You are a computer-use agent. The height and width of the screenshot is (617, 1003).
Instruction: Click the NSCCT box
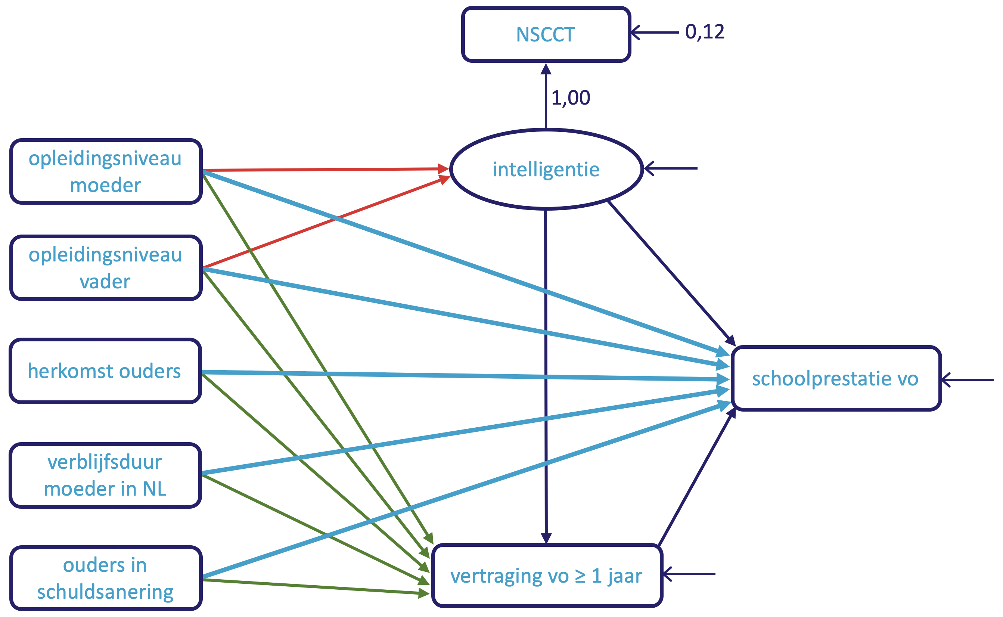[x=546, y=34]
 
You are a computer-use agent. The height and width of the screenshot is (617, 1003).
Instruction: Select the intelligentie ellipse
[x=546, y=169]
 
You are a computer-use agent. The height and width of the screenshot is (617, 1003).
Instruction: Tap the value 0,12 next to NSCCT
[x=704, y=32]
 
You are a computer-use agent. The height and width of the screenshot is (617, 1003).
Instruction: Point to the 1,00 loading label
[x=570, y=98]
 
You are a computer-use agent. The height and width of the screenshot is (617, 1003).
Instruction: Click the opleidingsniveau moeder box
[x=106, y=171]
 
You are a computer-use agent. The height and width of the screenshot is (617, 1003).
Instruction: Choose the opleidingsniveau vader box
[x=106, y=268]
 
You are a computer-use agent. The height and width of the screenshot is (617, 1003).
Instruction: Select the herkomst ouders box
[x=105, y=371]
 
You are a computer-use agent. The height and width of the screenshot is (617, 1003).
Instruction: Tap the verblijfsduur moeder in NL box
[x=105, y=475]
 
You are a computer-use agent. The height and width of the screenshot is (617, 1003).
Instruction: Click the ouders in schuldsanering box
[x=106, y=578]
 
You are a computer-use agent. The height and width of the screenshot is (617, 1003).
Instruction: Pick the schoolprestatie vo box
[x=835, y=379]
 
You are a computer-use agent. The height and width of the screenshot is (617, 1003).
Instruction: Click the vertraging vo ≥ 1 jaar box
[x=547, y=576]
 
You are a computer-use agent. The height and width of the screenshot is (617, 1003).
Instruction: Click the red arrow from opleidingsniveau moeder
[x=326, y=169]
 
